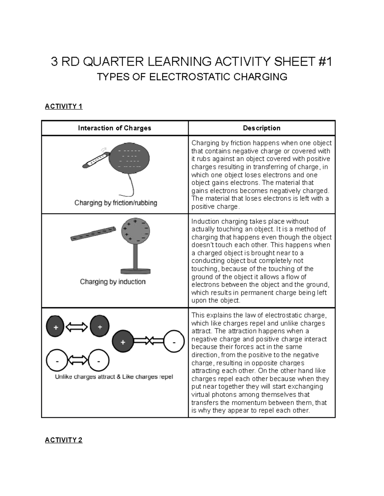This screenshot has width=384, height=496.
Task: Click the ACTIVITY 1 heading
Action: pyautogui.click(x=64, y=106)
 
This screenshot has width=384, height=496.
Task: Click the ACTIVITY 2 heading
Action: pyautogui.click(x=64, y=440)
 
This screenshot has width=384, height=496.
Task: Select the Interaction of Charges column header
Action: pyautogui.click(x=115, y=128)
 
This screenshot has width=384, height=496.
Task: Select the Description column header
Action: pyautogui.click(x=261, y=128)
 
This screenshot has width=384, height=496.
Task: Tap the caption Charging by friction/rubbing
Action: pyautogui.click(x=116, y=203)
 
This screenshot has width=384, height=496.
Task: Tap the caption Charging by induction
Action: pyautogui.click(x=113, y=282)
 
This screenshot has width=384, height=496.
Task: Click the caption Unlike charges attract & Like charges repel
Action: pyautogui.click(x=114, y=377)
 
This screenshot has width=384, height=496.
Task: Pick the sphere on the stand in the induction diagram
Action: pyautogui.click(x=135, y=230)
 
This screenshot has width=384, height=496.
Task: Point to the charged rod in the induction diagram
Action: pyautogui.click(x=93, y=233)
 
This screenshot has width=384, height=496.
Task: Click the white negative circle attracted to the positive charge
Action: pyautogui.click(x=174, y=342)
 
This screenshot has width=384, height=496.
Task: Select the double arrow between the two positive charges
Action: pyautogui.click(x=77, y=327)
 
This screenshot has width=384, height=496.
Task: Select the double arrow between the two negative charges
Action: pyautogui.click(x=77, y=361)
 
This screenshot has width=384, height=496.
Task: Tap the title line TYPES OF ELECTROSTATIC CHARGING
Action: pyautogui.click(x=192, y=77)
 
